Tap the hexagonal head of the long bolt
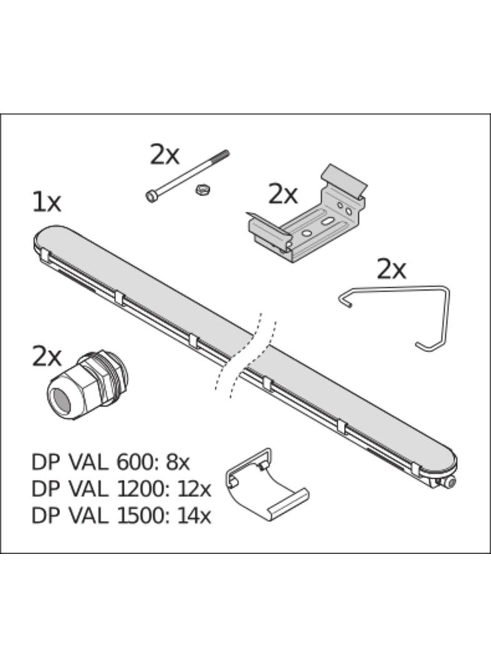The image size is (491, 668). tap(151, 196)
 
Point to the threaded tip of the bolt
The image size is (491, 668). tap(222, 155)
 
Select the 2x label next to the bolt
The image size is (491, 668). tap(164, 155)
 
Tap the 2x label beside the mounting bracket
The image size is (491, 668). tap(282, 195)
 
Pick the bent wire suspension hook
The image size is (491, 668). tap(395, 317)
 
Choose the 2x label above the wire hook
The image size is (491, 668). tap(392, 269)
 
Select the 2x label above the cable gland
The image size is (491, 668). tap(47, 357)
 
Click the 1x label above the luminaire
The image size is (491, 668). tap(47, 202)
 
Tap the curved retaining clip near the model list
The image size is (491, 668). tap(266, 484)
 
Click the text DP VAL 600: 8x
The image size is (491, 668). tap(110, 462)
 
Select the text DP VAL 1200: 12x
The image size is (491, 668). tap(121, 489)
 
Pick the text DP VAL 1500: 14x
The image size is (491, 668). tap(121, 516)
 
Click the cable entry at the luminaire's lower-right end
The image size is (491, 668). tap(447, 483)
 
